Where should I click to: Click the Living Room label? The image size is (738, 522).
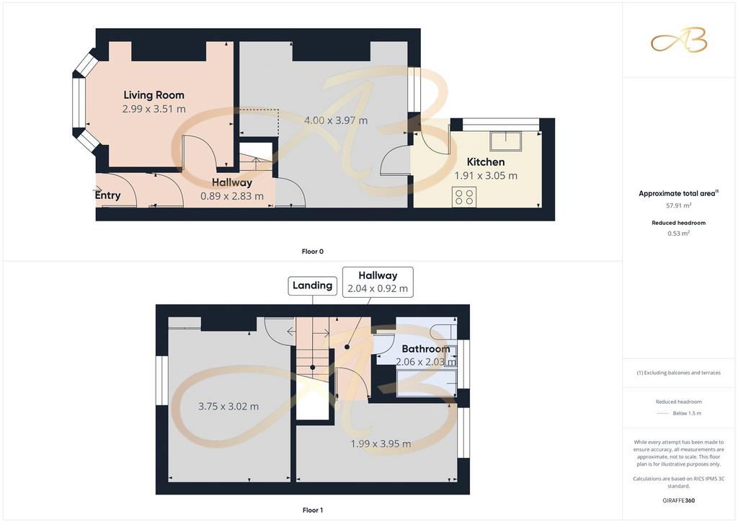(x=154, y=95)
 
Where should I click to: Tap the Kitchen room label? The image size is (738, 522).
(x=486, y=162)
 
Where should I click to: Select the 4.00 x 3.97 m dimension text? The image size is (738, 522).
(x=336, y=120)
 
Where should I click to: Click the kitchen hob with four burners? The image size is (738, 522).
(x=464, y=197)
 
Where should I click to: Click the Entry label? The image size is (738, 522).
(x=108, y=195)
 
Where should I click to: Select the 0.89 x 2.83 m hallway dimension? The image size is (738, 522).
(x=232, y=196)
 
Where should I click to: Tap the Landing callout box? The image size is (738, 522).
(x=313, y=286)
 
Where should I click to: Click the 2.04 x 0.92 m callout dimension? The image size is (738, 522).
(x=378, y=288)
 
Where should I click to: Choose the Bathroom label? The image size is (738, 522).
(x=426, y=349)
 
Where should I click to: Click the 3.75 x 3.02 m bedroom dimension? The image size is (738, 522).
(x=228, y=406)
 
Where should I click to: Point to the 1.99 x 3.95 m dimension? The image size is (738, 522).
(x=381, y=443)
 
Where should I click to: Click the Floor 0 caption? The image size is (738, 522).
(x=313, y=252)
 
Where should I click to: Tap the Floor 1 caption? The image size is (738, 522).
(x=313, y=510)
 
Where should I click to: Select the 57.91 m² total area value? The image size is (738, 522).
(x=679, y=205)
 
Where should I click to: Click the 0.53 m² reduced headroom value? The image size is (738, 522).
(x=679, y=233)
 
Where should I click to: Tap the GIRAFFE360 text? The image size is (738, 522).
(x=679, y=500)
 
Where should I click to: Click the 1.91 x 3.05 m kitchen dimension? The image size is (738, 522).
(x=486, y=176)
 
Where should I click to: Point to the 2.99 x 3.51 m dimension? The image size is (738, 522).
(x=154, y=109)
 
